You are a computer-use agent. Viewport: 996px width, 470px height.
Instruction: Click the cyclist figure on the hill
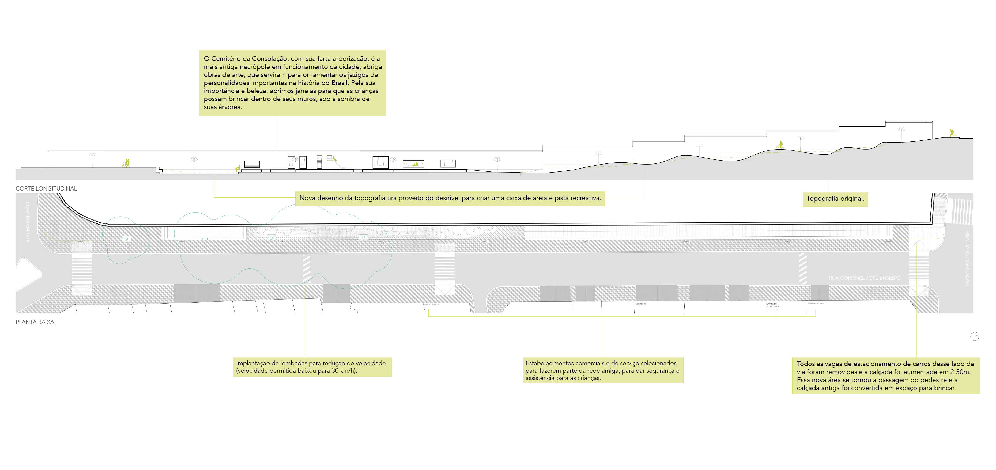point(780,145)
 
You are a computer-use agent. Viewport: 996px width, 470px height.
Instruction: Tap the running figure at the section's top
point(952,133)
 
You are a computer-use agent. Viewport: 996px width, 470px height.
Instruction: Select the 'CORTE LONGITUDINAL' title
point(46,189)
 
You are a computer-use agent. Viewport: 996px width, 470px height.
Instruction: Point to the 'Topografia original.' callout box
point(835,199)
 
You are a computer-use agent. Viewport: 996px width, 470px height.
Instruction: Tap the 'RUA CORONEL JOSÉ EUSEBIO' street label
point(864,278)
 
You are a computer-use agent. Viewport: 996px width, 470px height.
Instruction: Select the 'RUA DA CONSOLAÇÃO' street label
point(967,258)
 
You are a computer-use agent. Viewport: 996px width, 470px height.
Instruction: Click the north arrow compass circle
point(975,337)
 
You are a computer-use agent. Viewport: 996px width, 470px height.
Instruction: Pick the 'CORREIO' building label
point(641,304)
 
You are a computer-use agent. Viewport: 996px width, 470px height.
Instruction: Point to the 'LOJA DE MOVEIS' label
point(816,304)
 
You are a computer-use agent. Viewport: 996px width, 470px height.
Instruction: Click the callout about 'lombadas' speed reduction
point(312,367)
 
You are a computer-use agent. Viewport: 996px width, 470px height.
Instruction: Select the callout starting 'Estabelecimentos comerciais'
point(602,370)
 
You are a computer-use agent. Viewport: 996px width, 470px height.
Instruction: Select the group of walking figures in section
point(126,163)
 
